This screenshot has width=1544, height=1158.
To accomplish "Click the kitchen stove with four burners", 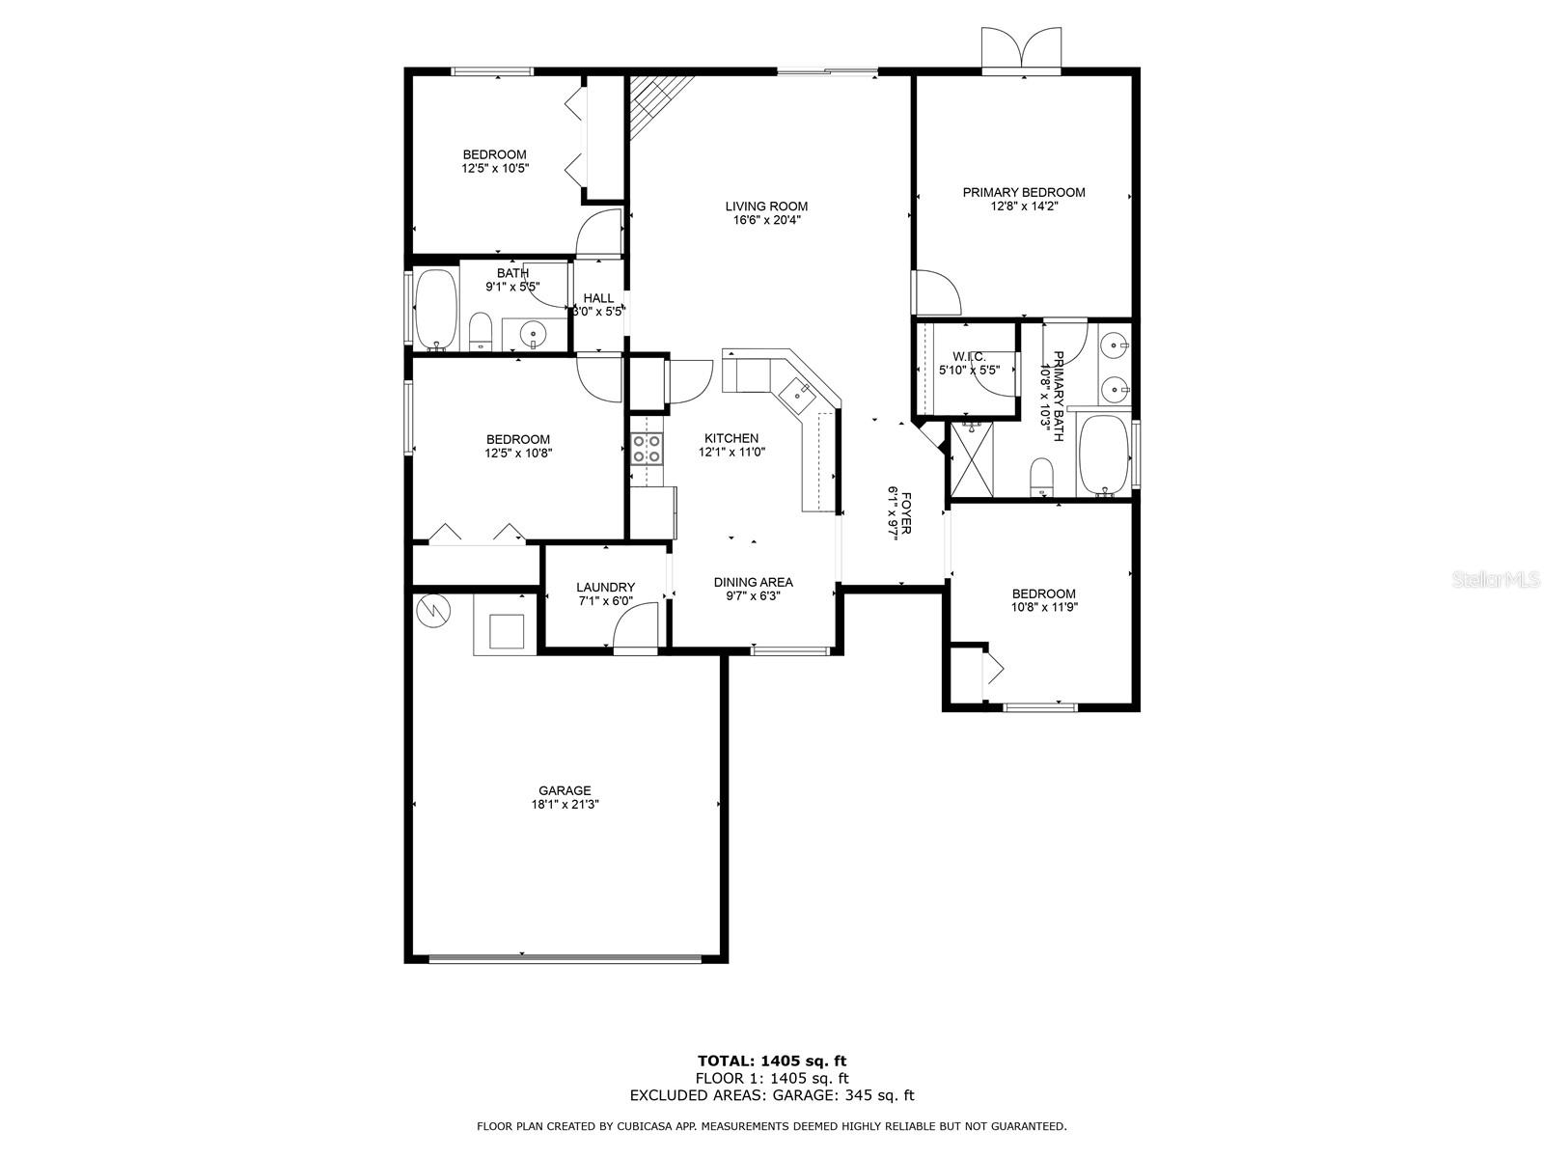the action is [x=646, y=448].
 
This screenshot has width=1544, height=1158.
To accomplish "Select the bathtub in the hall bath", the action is [x=435, y=310].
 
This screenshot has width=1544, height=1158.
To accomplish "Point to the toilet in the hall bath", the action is [x=481, y=331].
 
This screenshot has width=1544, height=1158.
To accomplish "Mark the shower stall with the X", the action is [x=972, y=459].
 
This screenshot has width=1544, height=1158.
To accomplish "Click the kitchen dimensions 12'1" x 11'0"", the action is [x=731, y=452].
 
